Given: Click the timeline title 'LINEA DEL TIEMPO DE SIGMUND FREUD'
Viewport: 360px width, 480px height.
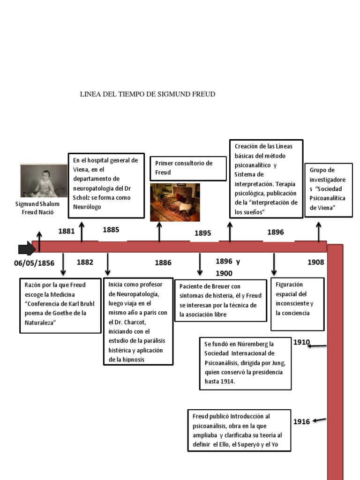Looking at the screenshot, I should [x=148, y=94].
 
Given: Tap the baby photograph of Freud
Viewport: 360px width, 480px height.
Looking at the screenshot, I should [x=44, y=181].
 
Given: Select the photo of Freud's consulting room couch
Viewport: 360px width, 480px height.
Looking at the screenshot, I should [x=175, y=202].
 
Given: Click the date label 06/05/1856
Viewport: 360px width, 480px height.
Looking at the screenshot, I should [x=34, y=263].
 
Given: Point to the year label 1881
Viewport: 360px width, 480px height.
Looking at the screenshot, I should [x=66, y=231].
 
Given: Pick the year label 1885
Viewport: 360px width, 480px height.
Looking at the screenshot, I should [x=111, y=230].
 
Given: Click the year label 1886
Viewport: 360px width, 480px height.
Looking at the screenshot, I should [x=163, y=263].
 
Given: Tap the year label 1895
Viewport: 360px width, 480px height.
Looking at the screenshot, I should [x=203, y=233].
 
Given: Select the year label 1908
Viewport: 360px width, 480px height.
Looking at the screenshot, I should [x=315, y=262].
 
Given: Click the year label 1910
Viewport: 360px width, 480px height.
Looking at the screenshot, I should [x=301, y=342].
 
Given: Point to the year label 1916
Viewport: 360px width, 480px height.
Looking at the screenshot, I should [x=301, y=422].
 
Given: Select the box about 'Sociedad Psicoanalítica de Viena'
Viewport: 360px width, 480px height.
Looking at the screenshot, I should [x=328, y=190].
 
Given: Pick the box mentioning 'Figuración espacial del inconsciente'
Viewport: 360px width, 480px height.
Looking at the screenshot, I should [x=297, y=304].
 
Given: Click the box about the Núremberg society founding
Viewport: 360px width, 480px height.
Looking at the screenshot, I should [x=246, y=363].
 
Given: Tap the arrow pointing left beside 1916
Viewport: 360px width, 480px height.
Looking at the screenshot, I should [x=319, y=420].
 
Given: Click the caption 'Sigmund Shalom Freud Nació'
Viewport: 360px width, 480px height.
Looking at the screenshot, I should [x=37, y=208].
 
